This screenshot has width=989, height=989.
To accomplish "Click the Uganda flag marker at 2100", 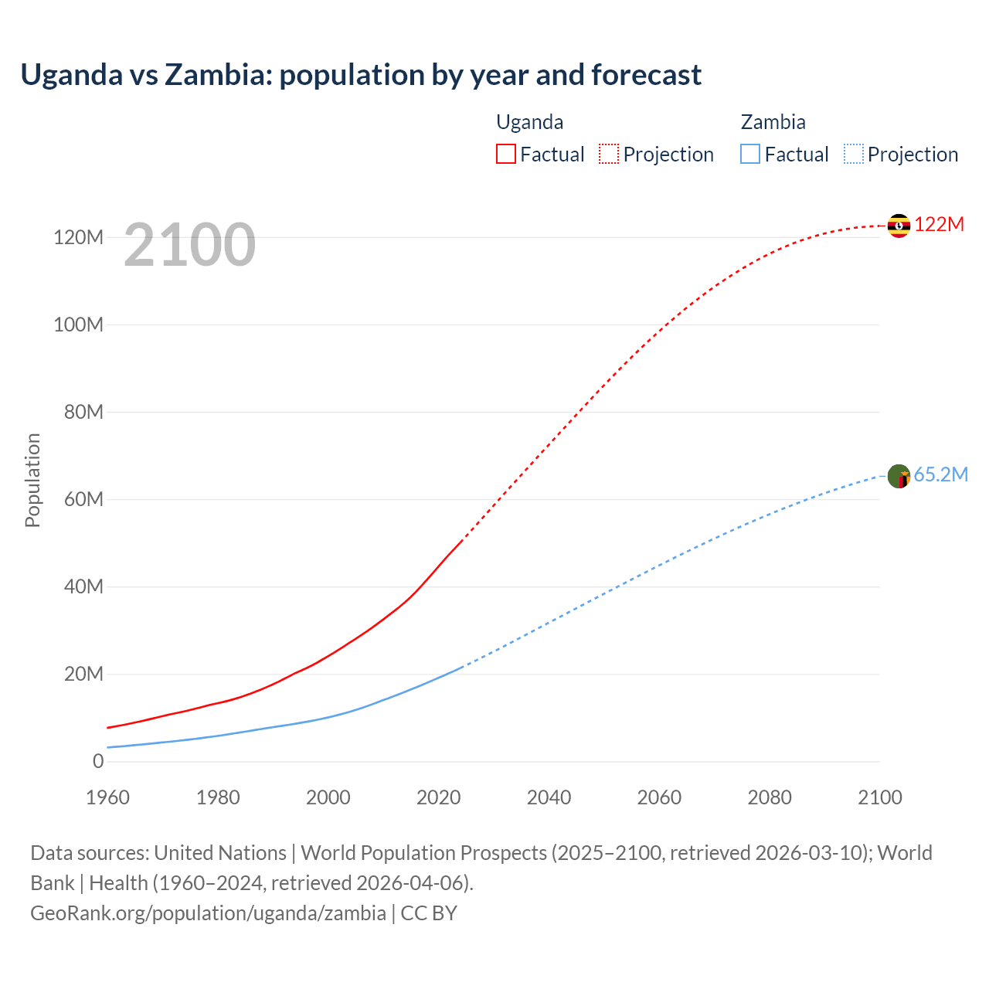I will (899, 226).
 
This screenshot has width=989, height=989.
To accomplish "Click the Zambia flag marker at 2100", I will (899, 476).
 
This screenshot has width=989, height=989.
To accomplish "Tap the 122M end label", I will (940, 225).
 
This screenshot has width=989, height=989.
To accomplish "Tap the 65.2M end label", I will (940, 475).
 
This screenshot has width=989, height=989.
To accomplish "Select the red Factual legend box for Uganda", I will (505, 154).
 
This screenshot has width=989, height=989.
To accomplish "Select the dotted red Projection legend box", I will (609, 154).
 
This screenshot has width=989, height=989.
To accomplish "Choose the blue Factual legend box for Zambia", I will (750, 154).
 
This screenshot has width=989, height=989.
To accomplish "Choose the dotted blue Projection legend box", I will (854, 154).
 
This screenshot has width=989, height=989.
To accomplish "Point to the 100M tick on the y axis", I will (78, 325).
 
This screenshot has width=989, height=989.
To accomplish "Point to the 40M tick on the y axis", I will (83, 586).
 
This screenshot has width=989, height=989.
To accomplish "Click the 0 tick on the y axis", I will (98, 761).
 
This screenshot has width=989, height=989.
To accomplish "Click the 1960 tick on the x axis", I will (107, 797).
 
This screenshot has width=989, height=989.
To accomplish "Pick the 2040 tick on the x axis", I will (549, 797).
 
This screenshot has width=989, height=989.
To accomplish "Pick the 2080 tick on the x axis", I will (770, 797).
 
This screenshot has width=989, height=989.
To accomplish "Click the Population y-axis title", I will (32, 480).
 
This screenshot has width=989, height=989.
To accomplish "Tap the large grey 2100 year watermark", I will (189, 244).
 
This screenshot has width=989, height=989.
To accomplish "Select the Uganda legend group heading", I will (529, 122).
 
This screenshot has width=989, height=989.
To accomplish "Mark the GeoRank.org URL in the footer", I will (208, 913).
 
